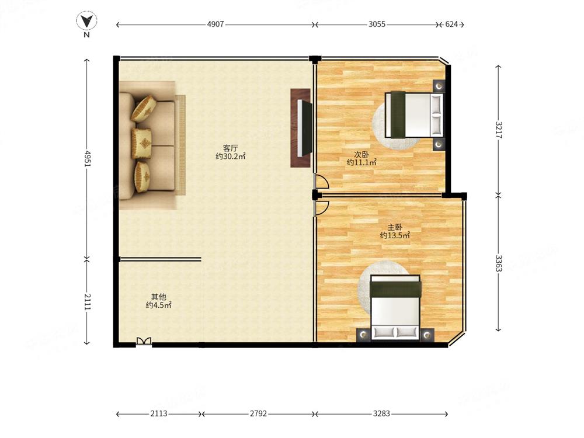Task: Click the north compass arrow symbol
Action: click(87, 21)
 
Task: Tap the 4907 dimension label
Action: click(215, 24)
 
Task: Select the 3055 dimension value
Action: click(377, 24)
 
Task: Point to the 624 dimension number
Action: click(451, 24)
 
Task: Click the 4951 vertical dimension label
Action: click(87, 158)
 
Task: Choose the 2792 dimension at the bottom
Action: click(259, 413)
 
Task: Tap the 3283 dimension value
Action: click(381, 413)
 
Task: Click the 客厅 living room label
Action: click(230, 148)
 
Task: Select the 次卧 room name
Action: click(361, 154)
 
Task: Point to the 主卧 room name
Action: click(395, 227)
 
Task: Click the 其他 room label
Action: click(158, 297)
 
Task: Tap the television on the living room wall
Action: click(304, 128)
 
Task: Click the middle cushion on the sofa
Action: click(141, 143)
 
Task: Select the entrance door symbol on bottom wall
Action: click(144, 341)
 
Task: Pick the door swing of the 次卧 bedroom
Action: click(321, 181)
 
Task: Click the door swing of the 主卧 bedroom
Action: click(321, 208)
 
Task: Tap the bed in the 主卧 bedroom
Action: click(395, 308)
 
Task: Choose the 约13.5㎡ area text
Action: click(395, 235)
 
